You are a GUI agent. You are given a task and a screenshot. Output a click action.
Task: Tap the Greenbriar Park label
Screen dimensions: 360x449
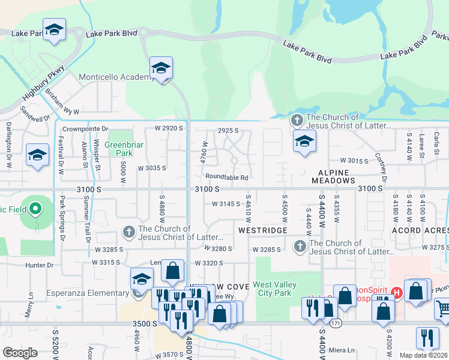tap(122, 149)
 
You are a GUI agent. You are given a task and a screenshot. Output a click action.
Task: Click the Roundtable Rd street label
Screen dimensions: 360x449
tap(226, 178)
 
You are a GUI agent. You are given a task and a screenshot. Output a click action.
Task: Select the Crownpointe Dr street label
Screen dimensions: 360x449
tap(85, 128)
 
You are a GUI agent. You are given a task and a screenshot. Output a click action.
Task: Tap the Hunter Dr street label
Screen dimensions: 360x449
tap(39, 265)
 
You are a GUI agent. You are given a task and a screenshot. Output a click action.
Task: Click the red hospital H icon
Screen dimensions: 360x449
tap(396, 292)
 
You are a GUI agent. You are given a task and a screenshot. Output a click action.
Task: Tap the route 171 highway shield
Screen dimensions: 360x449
tap(332, 323)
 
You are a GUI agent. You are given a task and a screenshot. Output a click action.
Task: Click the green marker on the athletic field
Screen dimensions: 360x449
tap(35, 209)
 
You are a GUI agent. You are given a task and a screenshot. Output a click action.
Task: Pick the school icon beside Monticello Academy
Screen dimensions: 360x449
tap(161, 68)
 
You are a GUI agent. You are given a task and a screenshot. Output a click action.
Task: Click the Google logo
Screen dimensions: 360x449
tap(20, 352)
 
